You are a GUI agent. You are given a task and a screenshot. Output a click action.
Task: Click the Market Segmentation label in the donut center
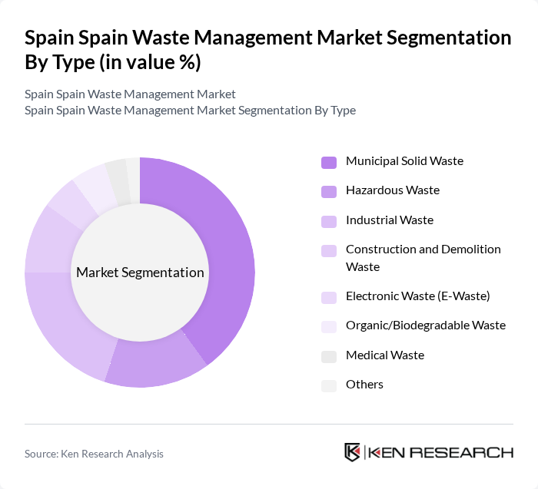tap(140, 273)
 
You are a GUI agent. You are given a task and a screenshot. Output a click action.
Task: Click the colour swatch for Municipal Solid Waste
tap(328, 162)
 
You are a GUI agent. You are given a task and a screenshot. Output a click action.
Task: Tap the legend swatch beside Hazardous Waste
tap(328, 191)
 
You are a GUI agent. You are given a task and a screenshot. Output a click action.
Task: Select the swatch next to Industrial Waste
tap(328, 221)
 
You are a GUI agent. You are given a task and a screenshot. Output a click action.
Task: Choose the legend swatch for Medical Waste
tap(328, 356)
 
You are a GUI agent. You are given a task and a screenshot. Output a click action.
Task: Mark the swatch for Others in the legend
tap(328, 385)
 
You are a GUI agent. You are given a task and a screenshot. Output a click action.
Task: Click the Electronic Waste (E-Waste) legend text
tap(417, 296)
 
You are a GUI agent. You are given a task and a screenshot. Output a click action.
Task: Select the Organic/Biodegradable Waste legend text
tap(425, 325)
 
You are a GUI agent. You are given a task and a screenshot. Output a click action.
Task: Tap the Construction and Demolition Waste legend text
tap(423, 258)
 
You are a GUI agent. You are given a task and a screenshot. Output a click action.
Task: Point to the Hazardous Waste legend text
tap(393, 190)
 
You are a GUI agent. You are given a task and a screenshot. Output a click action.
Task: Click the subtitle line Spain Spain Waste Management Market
tap(130, 94)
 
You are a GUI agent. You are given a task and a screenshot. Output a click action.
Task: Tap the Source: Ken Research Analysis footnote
tap(94, 454)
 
